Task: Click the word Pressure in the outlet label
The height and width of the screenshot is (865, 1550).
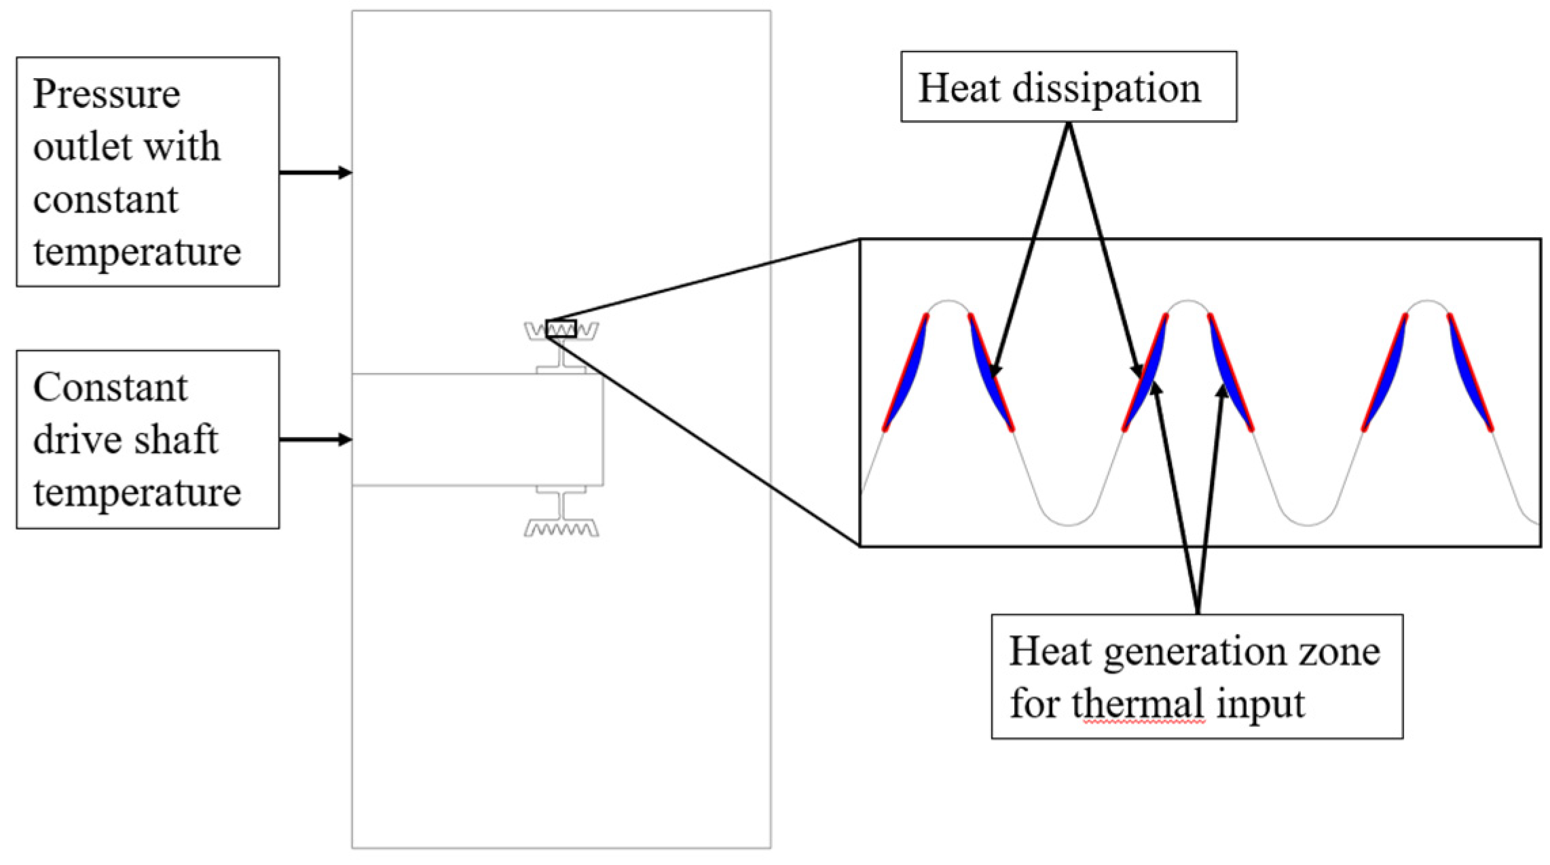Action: pos(107,94)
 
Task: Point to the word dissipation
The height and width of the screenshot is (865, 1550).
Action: pos(1107,89)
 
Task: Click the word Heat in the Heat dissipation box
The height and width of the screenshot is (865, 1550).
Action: pos(959,88)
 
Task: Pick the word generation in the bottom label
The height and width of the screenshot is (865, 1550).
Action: pos(1195,652)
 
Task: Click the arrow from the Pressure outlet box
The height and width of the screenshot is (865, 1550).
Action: pos(316,173)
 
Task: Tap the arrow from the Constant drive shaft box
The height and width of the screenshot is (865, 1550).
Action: pos(316,440)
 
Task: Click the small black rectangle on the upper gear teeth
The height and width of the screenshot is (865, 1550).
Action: pos(561,329)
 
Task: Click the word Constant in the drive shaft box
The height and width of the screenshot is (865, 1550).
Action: pos(110,389)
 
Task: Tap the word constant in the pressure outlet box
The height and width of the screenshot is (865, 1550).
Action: pos(105,200)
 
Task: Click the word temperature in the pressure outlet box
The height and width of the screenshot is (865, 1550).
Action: pos(137,253)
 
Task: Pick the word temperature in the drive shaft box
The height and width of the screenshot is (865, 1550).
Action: pos(137,493)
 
